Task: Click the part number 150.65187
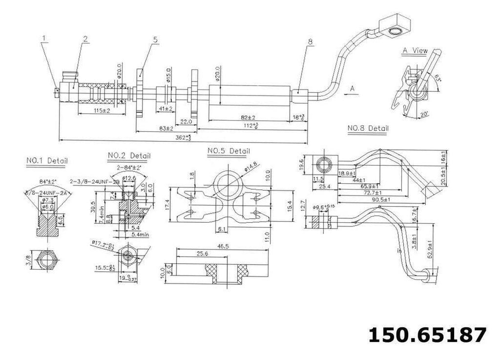click(x=427, y=336)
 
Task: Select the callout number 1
click(x=44, y=38)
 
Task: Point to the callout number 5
click(x=155, y=41)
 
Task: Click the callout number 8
click(x=310, y=42)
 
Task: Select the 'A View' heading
click(x=415, y=50)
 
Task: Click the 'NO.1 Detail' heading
click(x=47, y=160)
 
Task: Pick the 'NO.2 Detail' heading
click(x=129, y=155)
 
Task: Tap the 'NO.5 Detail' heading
click(x=229, y=151)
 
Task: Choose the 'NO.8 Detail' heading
click(x=368, y=128)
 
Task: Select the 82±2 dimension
click(x=248, y=118)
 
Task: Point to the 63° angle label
click(x=437, y=77)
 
